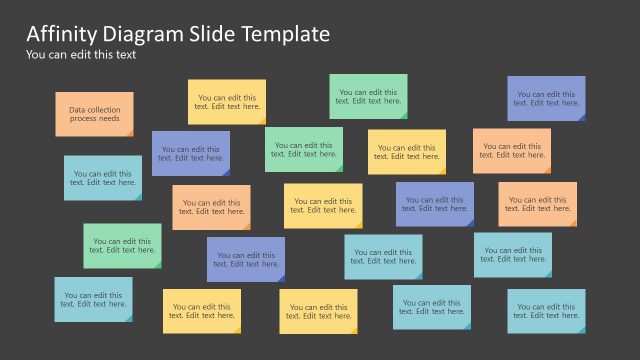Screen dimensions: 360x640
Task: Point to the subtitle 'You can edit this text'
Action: (x=81, y=55)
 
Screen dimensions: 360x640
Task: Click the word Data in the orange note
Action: (x=78, y=109)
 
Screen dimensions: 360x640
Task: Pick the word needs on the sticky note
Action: (x=110, y=119)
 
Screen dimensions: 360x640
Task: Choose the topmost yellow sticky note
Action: (x=227, y=102)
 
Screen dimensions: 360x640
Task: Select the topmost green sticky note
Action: (x=368, y=96)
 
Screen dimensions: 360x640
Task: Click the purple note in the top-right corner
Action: (x=546, y=98)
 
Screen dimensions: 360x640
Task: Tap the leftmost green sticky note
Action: (x=122, y=245)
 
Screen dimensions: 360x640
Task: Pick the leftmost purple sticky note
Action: (x=190, y=153)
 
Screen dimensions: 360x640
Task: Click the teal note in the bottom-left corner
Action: (x=93, y=299)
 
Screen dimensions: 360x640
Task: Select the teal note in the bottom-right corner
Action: (x=546, y=310)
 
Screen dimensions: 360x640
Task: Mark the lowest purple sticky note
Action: (x=245, y=259)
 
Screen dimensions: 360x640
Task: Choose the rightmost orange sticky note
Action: (x=537, y=203)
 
